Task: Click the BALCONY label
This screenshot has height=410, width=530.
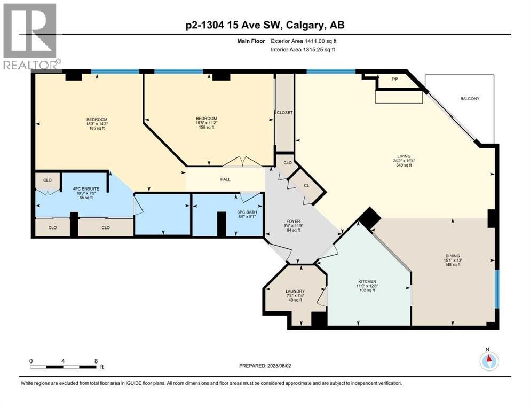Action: (470, 99)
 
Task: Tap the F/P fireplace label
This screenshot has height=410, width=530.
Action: (394, 79)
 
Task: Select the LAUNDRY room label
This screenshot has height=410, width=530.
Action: (295, 291)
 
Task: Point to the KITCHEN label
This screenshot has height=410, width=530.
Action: (367, 281)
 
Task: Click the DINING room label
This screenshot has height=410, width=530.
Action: (453, 256)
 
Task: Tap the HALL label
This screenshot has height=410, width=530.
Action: (225, 179)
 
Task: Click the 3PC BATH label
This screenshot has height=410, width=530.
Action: (247, 212)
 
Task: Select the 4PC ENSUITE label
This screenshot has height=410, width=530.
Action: (86, 189)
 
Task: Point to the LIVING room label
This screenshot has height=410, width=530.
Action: (404, 156)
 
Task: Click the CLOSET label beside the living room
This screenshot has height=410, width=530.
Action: (284, 113)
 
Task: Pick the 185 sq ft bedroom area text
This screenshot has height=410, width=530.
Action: (97, 129)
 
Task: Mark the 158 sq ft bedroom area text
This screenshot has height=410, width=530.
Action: (206, 127)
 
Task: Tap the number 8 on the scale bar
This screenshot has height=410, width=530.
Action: (96, 361)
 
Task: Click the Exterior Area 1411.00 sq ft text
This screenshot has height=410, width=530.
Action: (304, 41)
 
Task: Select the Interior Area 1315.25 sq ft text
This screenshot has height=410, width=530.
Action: (303, 49)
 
